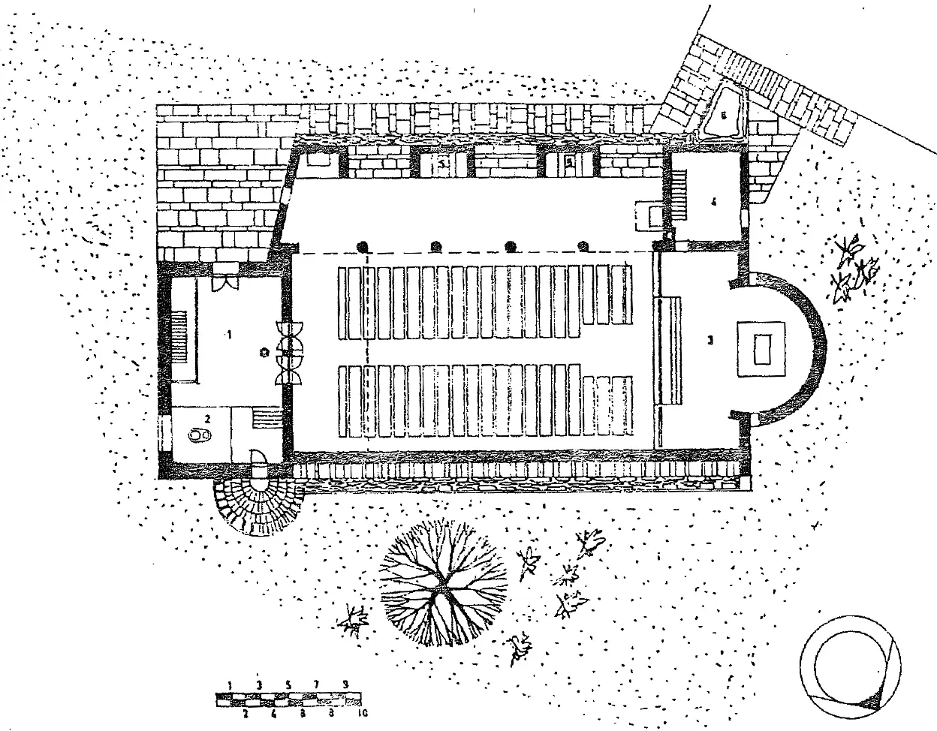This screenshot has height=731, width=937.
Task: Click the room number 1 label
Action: coord(229,335)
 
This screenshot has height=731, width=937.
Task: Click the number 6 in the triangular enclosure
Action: coord(724,116)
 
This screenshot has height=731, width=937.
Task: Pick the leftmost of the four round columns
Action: coord(363,245)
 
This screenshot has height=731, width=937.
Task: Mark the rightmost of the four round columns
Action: coord(583,245)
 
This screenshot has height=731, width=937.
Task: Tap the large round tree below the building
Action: coord(439,583)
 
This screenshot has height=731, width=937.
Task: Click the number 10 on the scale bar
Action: coord(363,713)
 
